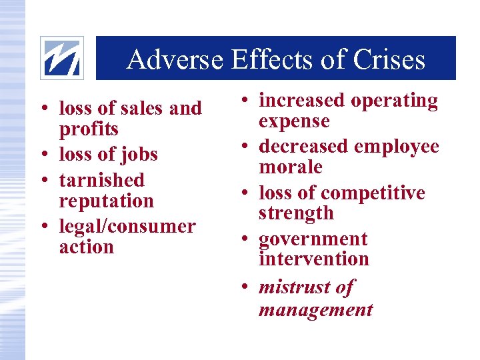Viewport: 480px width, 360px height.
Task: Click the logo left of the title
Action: [x=62, y=57]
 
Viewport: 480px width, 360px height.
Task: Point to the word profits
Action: [x=89, y=129]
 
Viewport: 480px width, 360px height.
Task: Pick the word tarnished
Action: [x=101, y=180]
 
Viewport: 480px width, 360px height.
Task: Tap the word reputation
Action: [x=106, y=201]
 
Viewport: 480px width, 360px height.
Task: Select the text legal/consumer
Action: [x=127, y=226]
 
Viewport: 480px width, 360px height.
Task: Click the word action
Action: [x=86, y=247]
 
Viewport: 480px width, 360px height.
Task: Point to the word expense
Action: [x=294, y=121]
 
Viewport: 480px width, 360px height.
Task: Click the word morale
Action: [x=290, y=167]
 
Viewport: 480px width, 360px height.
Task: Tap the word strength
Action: [x=296, y=213]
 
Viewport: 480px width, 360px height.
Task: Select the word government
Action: [x=313, y=239]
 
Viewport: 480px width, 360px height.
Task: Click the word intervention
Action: [x=313, y=259]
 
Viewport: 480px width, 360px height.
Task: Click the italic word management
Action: [x=315, y=309]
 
